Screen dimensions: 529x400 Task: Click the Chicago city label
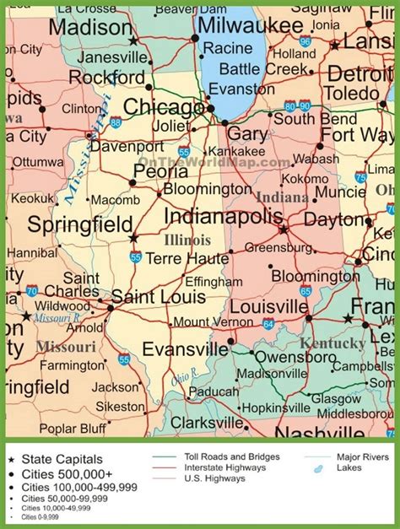coord(162,107)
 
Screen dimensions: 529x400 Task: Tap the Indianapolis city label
coord(223,216)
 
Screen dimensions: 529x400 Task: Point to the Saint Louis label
coord(157,296)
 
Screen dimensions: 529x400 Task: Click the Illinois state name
coord(186,240)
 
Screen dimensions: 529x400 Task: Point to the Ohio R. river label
coord(183,379)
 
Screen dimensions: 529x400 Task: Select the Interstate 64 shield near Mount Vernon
coord(268,323)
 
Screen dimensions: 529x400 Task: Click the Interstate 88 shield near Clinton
coord(115,121)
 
